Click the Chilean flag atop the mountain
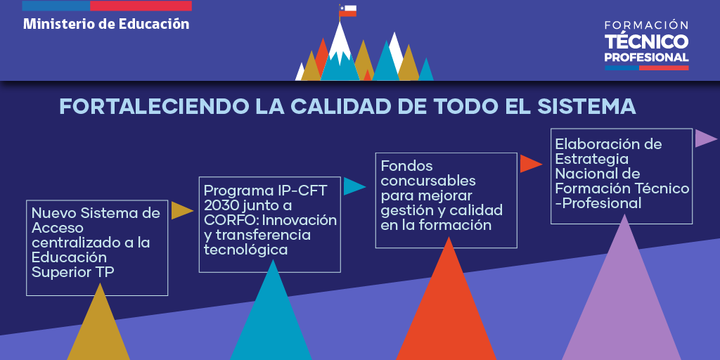(x=347, y=11)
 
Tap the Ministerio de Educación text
(x=106, y=24)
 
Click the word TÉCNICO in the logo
(x=647, y=41)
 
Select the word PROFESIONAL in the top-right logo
(x=647, y=58)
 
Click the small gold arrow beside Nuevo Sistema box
(x=182, y=210)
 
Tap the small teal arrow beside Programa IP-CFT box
(x=354, y=186)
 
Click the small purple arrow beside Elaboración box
(x=706, y=139)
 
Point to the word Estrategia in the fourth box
(x=592, y=159)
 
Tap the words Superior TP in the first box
(x=73, y=272)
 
